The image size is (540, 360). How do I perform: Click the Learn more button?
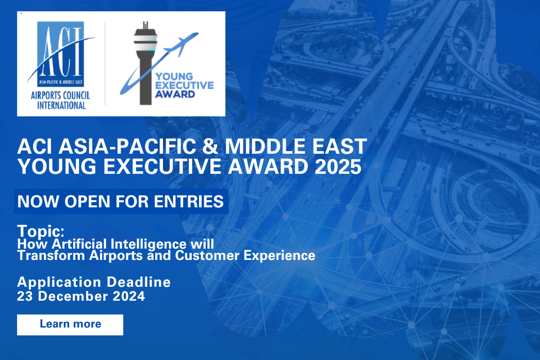(70, 324)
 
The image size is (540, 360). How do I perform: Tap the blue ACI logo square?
(61, 54)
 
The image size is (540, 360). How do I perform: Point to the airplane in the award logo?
(181, 44)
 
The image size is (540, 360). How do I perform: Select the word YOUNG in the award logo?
(174, 76)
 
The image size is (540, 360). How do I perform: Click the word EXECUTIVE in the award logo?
(185, 86)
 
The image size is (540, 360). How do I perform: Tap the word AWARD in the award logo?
(175, 94)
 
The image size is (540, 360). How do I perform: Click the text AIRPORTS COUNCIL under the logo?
(60, 95)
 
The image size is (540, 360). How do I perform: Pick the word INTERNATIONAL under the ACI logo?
(61, 105)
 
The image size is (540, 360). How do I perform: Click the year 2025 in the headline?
(338, 167)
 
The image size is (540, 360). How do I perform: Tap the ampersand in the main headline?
(210, 146)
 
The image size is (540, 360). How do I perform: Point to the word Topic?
(41, 231)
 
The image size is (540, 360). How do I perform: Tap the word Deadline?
(139, 282)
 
